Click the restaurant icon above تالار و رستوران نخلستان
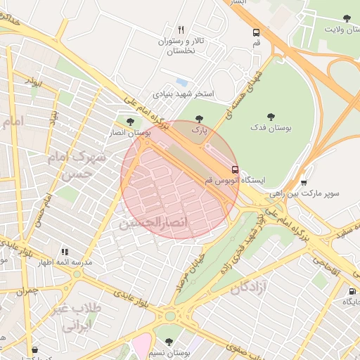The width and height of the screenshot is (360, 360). pos(181,30)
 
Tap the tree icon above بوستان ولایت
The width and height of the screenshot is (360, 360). pos(346,18)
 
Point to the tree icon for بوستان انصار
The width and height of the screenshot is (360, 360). pos(130,122)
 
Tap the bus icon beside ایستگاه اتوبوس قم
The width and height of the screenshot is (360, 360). pos(236,169)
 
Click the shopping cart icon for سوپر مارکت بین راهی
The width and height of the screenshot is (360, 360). pos(303,182)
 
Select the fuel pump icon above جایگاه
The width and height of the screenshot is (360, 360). pos(351,291)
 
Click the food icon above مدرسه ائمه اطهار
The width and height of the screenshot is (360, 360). pos(65,251)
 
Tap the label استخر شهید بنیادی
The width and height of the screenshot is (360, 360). pos(183,94)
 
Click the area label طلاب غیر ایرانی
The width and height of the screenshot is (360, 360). pos(79,317)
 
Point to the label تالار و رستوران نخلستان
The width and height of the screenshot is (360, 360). pos(181,46)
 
